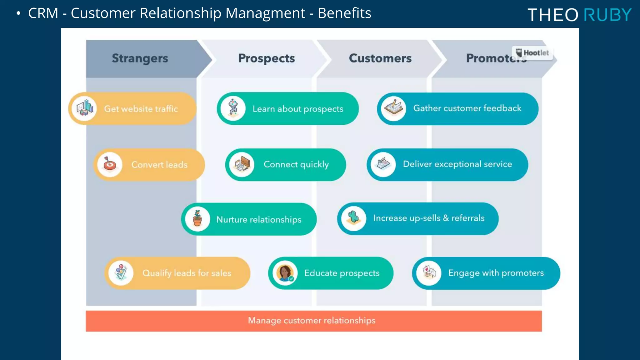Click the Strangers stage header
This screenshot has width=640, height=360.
[140, 58]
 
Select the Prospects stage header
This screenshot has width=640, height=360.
[267, 58]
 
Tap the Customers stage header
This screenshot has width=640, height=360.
[380, 58]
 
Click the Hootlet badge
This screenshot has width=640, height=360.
[532, 53]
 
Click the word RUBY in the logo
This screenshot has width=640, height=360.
[607, 15]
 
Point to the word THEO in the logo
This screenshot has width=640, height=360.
[553, 15]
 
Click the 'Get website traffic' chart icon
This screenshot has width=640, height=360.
[84, 108]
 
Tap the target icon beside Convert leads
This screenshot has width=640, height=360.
[110, 164]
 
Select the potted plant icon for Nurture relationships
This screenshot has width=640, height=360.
[197, 219]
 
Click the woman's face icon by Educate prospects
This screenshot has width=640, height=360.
[285, 273]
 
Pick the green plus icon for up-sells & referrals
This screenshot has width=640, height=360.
[353, 218]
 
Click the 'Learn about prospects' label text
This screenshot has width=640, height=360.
[298, 109]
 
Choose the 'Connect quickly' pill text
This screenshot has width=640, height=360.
[296, 164]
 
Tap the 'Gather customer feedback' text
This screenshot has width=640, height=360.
[467, 108]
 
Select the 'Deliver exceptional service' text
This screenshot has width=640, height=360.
[457, 164]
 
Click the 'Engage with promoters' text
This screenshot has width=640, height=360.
[496, 273]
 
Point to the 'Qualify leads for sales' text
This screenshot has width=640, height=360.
[187, 273]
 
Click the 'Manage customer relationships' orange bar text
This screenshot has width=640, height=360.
[312, 321]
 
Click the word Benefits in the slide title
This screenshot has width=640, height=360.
[344, 13]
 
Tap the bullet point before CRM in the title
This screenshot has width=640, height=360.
[18, 13]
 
